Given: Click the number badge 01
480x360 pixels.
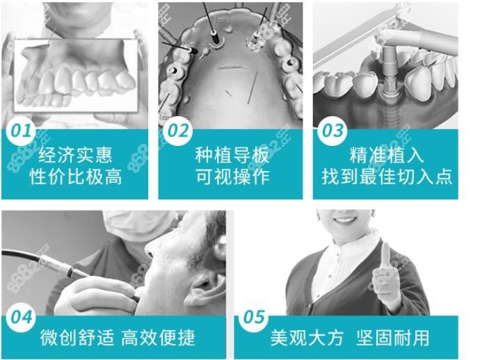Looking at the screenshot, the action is coord(21,131).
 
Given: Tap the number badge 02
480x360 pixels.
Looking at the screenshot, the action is coord(178,131).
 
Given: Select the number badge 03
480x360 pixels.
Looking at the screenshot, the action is coord(333,131).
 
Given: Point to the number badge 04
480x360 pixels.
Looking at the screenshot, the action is coord(21,318).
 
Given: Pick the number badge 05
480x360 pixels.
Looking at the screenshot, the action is coord(254,317).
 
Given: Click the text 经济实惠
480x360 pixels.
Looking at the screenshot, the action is coord(75,155).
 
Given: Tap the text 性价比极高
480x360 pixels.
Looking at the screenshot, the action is coord(76,177).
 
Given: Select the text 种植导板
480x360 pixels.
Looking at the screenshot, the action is coord(232,155).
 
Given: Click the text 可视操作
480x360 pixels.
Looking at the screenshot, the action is coord(232,177).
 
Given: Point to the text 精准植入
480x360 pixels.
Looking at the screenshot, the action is coord(387,155).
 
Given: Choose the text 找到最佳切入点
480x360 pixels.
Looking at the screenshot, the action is coord(387,177).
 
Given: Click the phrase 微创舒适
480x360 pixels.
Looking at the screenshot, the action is coord(77,338).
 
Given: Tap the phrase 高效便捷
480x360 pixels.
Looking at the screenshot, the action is coord(159,338).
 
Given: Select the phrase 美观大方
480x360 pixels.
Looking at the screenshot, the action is coord(307,338).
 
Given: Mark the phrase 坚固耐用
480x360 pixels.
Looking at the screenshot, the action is coord(393,338).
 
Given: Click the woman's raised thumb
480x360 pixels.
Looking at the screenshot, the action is coord(386,257).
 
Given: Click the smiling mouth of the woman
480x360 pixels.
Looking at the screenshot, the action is coord(344,220).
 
